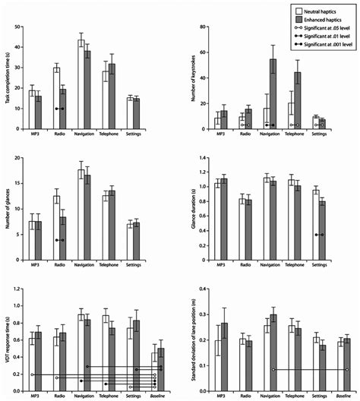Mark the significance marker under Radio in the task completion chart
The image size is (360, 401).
[60, 109]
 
